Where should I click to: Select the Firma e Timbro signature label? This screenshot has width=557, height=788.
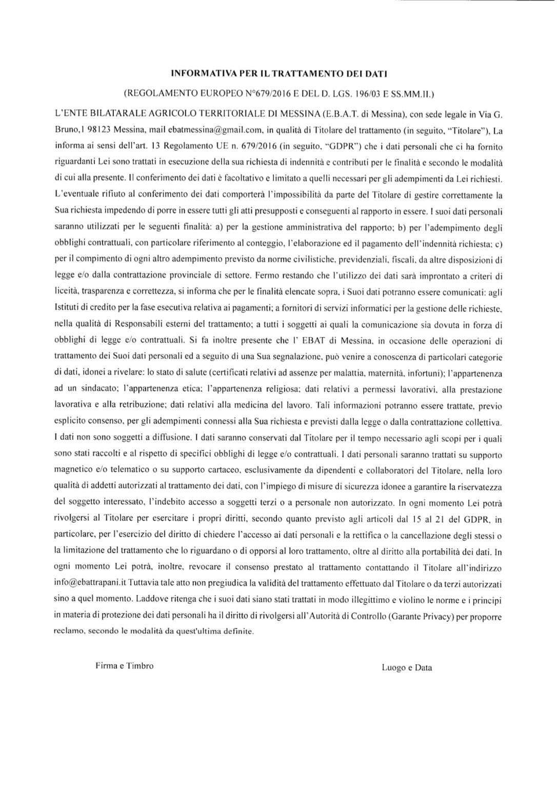point(124,666)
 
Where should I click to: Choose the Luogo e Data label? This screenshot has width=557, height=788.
point(406,668)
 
